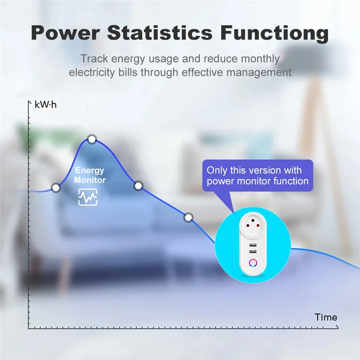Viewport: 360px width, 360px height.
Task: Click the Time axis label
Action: point(326,317)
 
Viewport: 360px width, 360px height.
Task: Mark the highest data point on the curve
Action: point(92,139)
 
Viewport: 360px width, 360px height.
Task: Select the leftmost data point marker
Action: point(56,188)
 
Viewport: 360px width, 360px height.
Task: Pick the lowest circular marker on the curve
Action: point(189,218)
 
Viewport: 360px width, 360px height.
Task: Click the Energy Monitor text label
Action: point(90,175)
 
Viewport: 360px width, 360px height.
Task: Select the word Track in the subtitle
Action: point(93,59)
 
